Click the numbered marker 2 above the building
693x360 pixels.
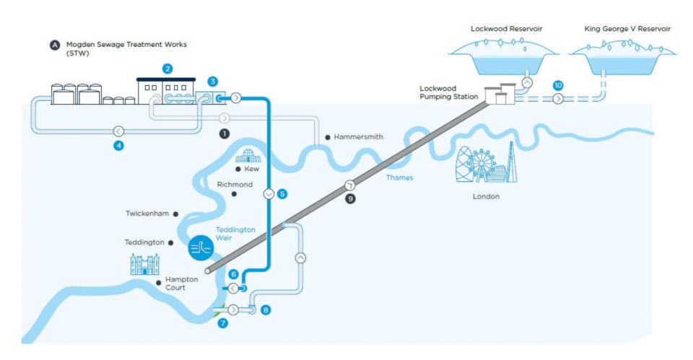167,69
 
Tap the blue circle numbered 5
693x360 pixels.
282,193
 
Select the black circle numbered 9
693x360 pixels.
351,199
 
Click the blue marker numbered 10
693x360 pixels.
558,85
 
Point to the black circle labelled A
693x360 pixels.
55,45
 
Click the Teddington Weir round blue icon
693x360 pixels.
201,247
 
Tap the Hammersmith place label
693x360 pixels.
359,137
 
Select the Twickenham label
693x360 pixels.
147,214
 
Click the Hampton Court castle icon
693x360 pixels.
145,264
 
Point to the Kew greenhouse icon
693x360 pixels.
248,156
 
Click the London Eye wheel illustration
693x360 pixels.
481,164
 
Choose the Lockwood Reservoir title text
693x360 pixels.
507,29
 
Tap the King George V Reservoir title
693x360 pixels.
627,29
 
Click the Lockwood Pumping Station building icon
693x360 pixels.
500,94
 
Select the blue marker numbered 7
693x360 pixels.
223,323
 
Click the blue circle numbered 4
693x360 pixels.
118,145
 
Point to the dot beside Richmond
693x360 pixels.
234,194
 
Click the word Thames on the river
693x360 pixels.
399,177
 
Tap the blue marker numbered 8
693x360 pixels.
266,310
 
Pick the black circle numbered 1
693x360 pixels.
225,133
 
